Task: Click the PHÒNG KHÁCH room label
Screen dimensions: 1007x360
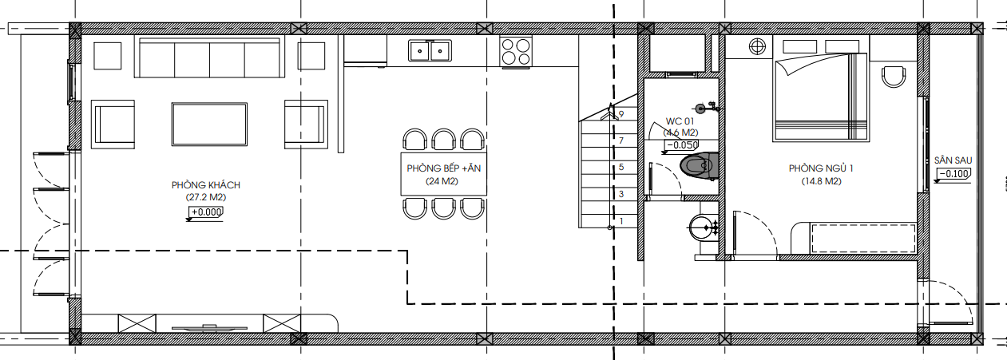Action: (206, 184)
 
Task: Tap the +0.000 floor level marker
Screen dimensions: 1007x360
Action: (205, 212)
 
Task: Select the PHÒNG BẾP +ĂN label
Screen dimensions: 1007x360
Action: (444, 168)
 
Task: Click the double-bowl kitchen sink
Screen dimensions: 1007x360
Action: (430, 50)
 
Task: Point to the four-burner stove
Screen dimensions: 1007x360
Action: (516, 52)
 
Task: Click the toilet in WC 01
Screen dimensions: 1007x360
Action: (699, 165)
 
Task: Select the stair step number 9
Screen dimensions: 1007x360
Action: (621, 114)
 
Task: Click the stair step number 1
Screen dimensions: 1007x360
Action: (621, 220)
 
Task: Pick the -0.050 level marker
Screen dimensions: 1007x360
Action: (680, 145)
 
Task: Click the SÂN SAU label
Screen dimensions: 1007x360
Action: (953, 160)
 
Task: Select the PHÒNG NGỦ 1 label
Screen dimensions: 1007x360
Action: (821, 168)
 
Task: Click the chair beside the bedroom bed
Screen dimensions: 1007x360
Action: (894, 77)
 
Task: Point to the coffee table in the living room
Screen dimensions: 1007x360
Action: (209, 124)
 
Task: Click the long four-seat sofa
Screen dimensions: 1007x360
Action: (209, 57)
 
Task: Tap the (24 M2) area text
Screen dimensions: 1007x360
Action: (442, 181)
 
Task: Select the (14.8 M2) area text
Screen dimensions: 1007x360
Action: (821, 181)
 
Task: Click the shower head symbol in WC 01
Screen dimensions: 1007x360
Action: (700, 109)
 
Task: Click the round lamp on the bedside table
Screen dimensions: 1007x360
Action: (757, 47)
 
